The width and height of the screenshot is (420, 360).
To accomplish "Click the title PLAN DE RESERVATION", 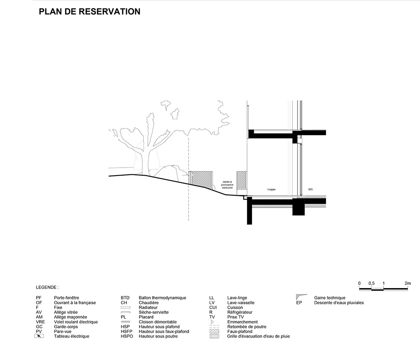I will click(89, 12).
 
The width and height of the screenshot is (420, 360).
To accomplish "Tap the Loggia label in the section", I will click(271, 189).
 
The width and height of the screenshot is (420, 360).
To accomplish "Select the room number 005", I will click(310, 189).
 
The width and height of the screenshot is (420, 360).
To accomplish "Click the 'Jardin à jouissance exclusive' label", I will click(227, 185).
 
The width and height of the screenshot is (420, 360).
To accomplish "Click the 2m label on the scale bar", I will click(408, 284).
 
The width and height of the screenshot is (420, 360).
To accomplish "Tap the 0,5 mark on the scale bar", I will click(371, 284).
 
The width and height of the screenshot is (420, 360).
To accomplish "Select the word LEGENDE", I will click(47, 288).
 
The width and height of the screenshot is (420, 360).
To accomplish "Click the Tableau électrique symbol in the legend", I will click(39, 336).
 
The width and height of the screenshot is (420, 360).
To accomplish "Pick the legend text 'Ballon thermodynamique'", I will click(162, 298).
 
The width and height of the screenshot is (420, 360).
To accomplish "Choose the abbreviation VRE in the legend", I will click(40, 322).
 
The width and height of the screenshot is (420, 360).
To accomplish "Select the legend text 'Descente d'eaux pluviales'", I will click(339, 302).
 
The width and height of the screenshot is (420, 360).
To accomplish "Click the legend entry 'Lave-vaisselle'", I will click(241, 302).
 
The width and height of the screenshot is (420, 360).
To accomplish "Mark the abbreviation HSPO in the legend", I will click(126, 336).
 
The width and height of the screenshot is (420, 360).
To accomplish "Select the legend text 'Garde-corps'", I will click(66, 326).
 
